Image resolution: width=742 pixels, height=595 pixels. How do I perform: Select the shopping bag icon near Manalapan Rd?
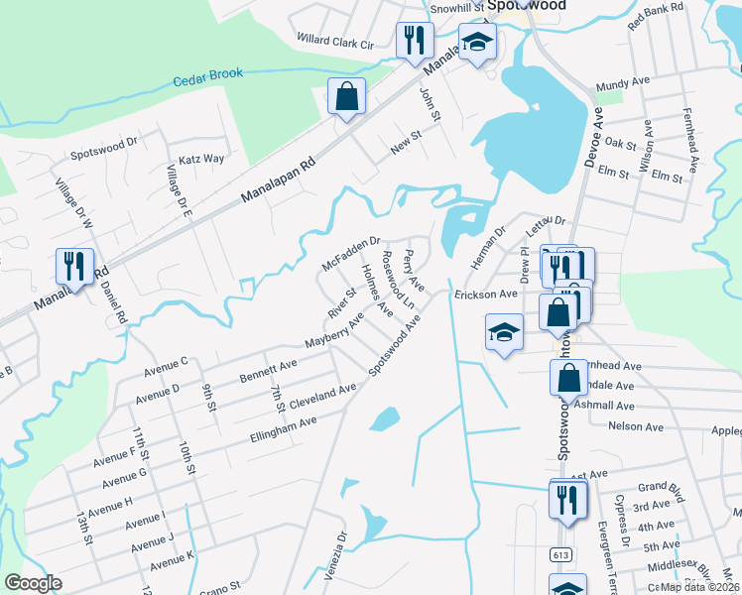[346, 97]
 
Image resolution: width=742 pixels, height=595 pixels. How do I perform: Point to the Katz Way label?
[201, 158]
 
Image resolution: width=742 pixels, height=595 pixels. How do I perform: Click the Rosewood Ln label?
[399, 281]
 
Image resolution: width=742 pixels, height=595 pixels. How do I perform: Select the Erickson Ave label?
[486, 295]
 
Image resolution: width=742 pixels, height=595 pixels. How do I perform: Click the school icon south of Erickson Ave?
[504, 333]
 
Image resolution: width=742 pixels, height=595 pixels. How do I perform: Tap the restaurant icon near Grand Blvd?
[567, 500]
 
